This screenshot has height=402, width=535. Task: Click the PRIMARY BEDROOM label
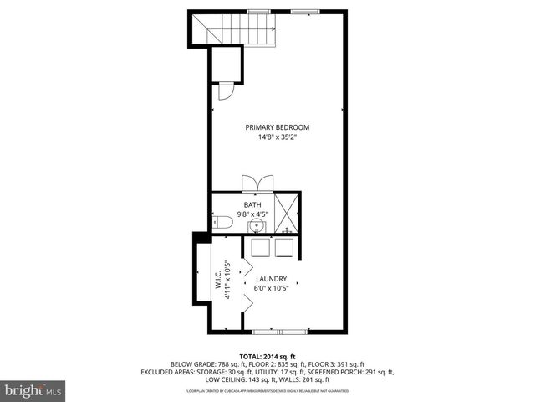[x=271, y=127]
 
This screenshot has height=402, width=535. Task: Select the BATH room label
[x=252, y=204]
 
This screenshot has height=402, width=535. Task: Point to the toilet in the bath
[x=221, y=222]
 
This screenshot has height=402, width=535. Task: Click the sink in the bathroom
[x=252, y=224]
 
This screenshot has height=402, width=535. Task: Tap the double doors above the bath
[x=256, y=184]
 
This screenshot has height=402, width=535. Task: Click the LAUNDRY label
[x=271, y=279]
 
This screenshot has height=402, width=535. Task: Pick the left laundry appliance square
[x=258, y=247]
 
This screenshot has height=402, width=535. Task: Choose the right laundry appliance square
[x=284, y=247]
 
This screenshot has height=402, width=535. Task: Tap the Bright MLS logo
[x=33, y=391]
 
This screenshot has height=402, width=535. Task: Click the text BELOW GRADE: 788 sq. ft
[x=203, y=363]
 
